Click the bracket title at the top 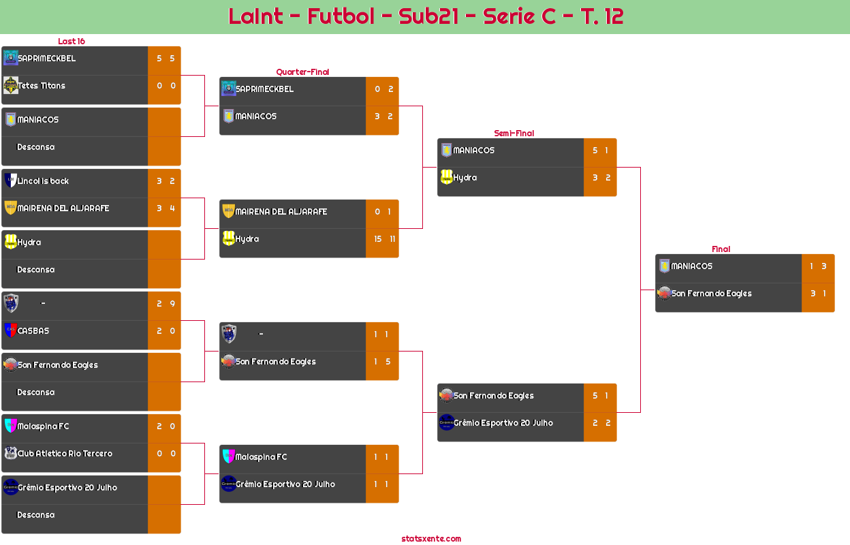pos(426,16)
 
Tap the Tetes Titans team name pos(42,86)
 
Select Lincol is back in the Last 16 pos(43,181)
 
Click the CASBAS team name pos(33,331)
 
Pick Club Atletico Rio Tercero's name pos(65,454)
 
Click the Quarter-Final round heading pos(302,72)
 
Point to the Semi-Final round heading pos(513,133)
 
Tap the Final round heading pos(720,249)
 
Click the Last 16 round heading pos(71,41)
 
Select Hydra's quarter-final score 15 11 pos(382,239)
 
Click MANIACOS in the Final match pos(691,266)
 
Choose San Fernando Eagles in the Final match pos(711,294)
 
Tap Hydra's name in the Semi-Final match pos(465,178)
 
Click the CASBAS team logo pos(10,330)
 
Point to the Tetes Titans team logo pos(10,85)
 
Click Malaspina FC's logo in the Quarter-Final pos(228,456)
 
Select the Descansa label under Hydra pos(35,270)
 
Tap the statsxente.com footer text pos(431,538)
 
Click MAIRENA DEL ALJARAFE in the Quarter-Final pos(281,212)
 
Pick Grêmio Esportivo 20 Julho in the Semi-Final pos(503,423)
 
